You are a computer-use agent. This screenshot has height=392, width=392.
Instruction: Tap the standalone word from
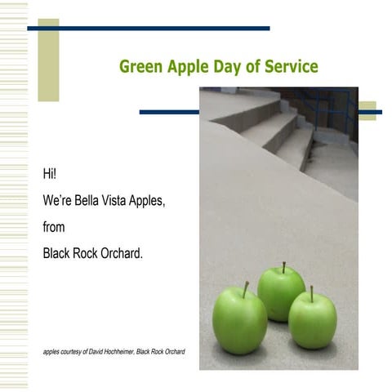(54, 227)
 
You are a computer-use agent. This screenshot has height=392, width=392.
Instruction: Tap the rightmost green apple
(312, 319)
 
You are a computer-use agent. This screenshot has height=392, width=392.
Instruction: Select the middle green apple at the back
(281, 293)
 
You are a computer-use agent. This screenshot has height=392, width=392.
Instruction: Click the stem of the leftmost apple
(245, 289)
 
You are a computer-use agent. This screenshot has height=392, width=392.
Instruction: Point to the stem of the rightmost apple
(311, 293)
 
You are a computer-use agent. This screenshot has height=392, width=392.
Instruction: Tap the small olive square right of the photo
(367, 110)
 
